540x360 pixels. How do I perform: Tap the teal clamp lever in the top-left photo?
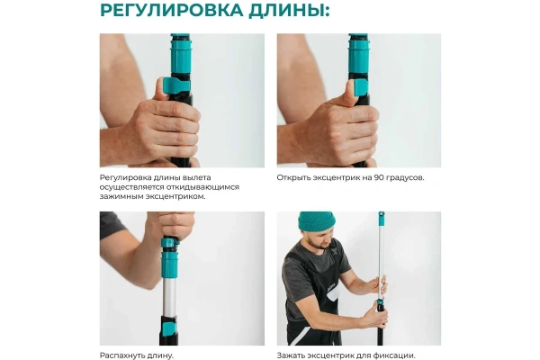[x=168, y=87]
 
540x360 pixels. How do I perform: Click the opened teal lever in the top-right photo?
[x=361, y=86]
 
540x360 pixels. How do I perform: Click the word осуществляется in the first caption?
[x=128, y=186]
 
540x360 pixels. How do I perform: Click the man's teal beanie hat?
[x=315, y=221]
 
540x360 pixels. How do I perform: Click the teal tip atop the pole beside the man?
[x=381, y=217]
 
